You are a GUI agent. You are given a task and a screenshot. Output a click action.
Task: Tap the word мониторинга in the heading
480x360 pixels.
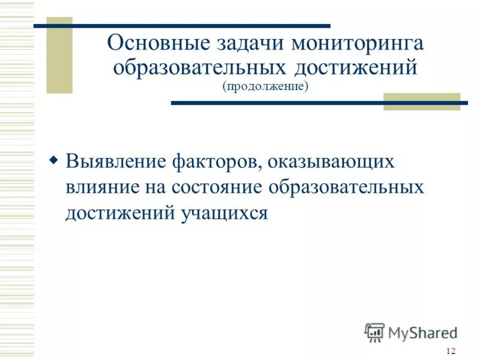(358, 44)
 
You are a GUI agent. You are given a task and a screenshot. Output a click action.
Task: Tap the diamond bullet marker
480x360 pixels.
(54, 161)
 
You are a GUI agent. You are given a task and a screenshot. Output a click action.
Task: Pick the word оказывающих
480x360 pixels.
(331, 163)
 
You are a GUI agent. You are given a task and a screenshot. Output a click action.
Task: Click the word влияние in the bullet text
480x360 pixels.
(102, 187)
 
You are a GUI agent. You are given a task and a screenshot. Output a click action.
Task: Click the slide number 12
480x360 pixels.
(451, 351)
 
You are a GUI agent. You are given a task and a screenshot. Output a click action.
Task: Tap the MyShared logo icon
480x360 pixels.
(374, 331)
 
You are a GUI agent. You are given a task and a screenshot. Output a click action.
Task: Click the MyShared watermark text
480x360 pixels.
(422, 332)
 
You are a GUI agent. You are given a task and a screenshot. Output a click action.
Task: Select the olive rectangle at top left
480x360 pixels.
(59, 55)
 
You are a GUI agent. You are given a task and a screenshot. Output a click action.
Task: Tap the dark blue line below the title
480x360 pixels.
(318, 103)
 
